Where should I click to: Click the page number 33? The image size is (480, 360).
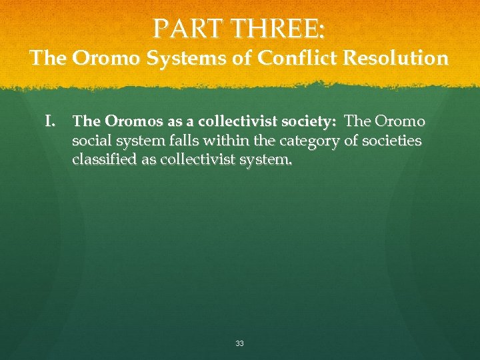point(240,343)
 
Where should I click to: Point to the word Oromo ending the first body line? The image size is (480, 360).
point(400,122)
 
